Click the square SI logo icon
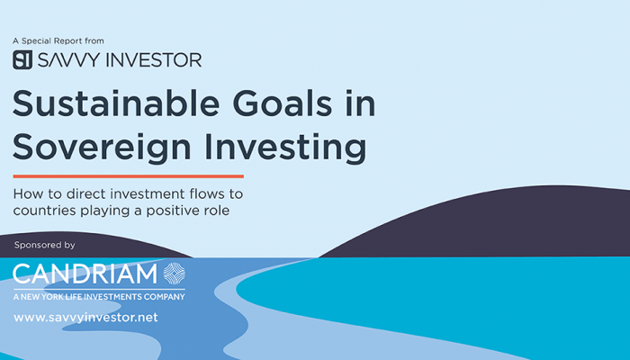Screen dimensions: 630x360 (x=22, y=60)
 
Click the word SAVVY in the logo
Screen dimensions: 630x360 (x=68, y=60)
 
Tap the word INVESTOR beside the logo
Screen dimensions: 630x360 (x=154, y=60)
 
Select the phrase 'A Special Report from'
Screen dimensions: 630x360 (x=58, y=41)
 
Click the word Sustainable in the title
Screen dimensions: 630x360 (x=116, y=103)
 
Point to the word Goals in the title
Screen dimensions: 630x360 (x=283, y=103)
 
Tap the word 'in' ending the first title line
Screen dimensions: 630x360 (x=360, y=103)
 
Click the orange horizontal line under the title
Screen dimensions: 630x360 (x=128, y=176)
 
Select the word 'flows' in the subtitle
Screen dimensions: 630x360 (x=202, y=194)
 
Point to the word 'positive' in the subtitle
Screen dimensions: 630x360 (x=175, y=211)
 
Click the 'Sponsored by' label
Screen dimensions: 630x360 (x=45, y=245)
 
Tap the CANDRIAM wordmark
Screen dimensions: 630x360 (x=85, y=274)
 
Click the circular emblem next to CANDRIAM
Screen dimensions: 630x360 (x=175, y=274)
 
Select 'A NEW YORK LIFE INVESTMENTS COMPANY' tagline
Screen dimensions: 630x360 (x=99, y=297)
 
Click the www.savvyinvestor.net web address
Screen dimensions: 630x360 (x=85, y=318)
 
